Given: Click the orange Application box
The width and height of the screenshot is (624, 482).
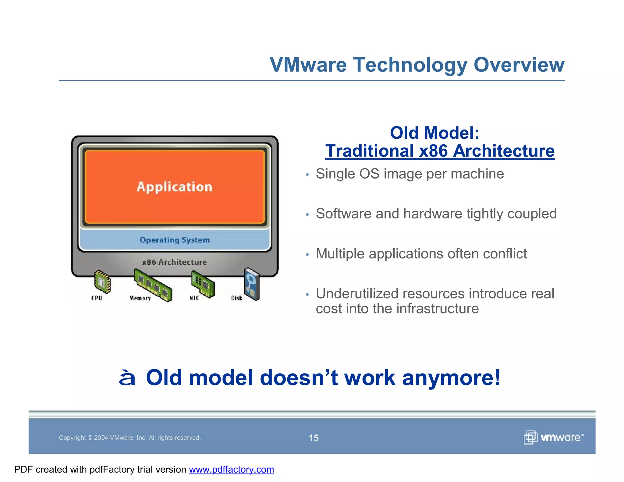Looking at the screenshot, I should pos(175,187).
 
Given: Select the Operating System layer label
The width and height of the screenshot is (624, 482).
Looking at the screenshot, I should pos(175,240).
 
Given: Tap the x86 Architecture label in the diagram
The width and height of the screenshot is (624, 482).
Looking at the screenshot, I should pos(174,262).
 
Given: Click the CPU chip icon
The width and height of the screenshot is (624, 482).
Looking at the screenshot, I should pos(102,282).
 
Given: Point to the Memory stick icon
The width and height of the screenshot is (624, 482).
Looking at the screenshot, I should pos(153,285).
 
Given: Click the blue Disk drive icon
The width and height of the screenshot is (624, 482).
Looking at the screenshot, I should pos(252,284).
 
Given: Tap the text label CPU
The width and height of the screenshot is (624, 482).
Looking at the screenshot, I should pos(97,298).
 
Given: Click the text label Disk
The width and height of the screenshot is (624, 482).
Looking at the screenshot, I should pos(236,298).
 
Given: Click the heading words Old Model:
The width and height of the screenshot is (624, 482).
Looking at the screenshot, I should pos(434,133).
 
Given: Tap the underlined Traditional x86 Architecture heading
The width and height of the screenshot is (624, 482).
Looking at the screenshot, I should pos(440,151).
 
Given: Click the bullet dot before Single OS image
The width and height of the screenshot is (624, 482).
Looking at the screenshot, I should pos(307,175).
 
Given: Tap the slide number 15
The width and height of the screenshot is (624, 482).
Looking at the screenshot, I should pos(313,438).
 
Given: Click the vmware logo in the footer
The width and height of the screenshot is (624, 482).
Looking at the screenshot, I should pos(553,438).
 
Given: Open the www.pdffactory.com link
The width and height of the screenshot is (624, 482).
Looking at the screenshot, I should pos(231,470).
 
